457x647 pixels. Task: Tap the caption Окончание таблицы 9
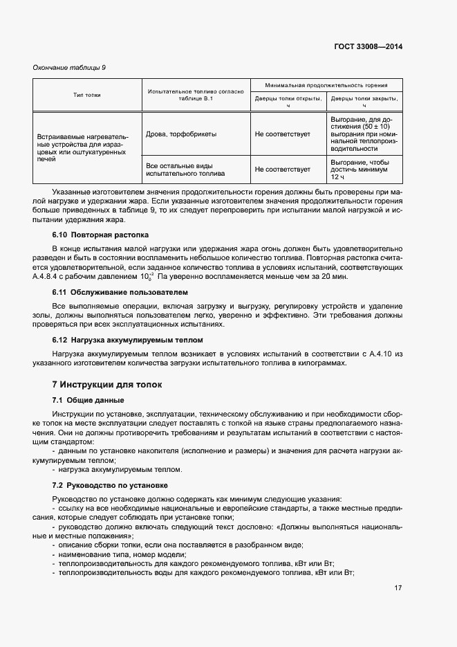(x=69, y=68)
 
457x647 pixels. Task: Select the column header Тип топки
(x=87, y=95)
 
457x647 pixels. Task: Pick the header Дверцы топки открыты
(x=288, y=102)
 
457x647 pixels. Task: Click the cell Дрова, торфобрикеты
(x=181, y=134)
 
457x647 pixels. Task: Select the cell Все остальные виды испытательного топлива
(x=181, y=169)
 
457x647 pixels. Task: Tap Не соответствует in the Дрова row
(x=282, y=134)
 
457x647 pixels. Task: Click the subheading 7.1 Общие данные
(x=88, y=400)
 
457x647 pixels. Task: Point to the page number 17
(x=398, y=588)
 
